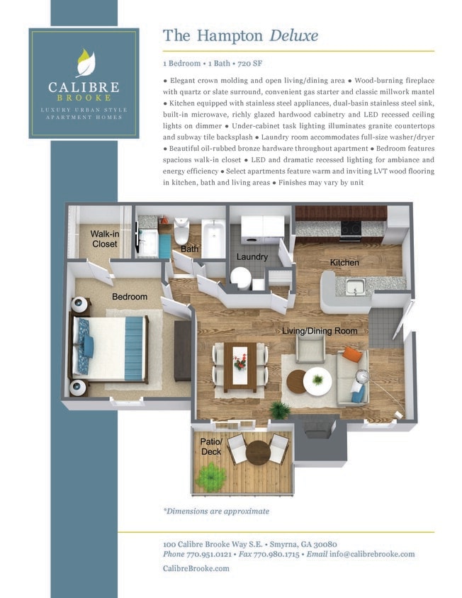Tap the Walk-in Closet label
(x=104, y=239)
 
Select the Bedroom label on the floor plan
(x=129, y=296)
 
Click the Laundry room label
(x=252, y=256)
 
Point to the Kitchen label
(x=344, y=263)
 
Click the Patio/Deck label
(x=212, y=447)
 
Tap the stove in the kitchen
(x=351, y=228)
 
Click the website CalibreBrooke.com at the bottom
(x=196, y=568)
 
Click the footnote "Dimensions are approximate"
(x=217, y=511)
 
